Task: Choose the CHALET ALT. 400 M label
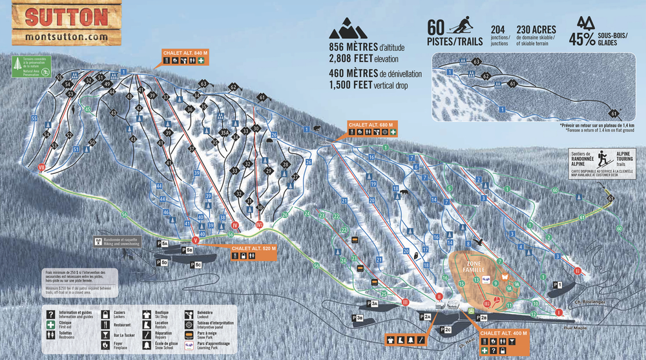point(505,334)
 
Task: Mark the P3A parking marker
point(372,302)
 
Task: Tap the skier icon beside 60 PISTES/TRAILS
point(460,26)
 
